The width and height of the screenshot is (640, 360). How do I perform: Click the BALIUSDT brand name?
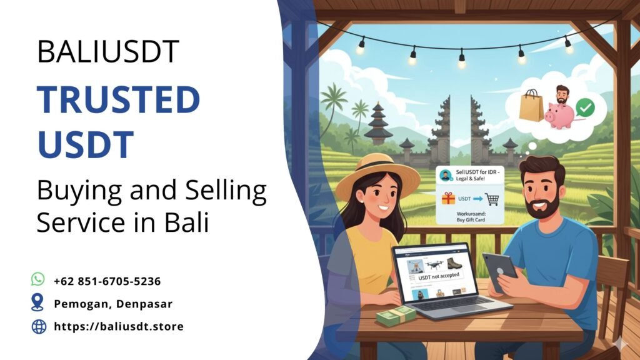tap(108, 51)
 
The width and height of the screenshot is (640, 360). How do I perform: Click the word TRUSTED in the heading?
tap(118, 101)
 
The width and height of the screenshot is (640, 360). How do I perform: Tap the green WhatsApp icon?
tap(39, 279)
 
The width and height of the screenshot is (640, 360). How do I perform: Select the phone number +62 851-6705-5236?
tap(107, 281)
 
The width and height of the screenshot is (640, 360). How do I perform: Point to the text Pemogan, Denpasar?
tap(113, 304)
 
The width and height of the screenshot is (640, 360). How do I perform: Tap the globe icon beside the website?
tap(39, 326)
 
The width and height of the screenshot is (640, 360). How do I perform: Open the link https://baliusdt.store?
tap(119, 326)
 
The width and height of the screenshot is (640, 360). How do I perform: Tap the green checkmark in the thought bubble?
tap(586, 108)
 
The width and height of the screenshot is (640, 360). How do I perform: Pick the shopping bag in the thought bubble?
tap(531, 106)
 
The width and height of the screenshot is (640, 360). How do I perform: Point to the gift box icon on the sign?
tap(449, 199)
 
